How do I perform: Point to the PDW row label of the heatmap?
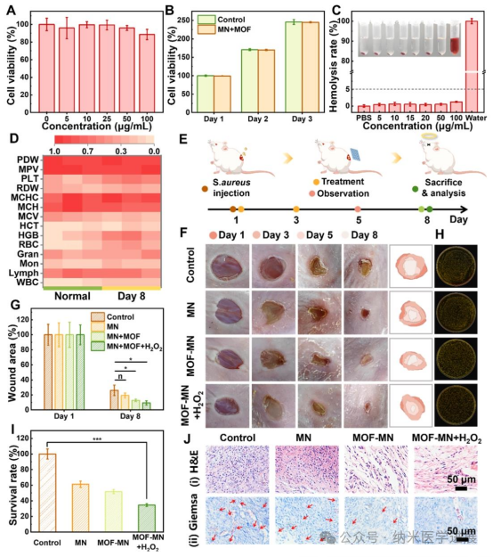coord(27,160)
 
